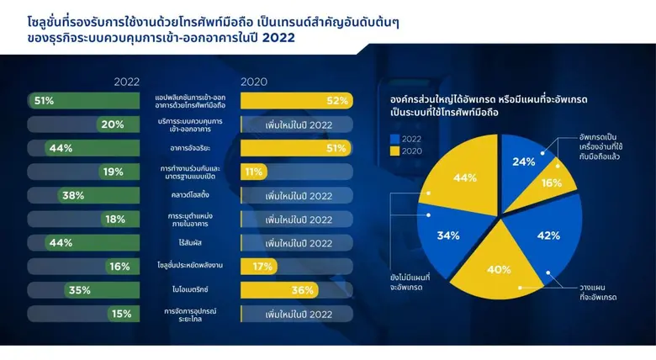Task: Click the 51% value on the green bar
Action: click(44, 101)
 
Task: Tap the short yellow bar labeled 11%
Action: click(253, 172)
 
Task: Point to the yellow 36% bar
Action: click(278, 290)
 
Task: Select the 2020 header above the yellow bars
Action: click(254, 82)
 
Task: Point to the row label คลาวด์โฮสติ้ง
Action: click(190, 195)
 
